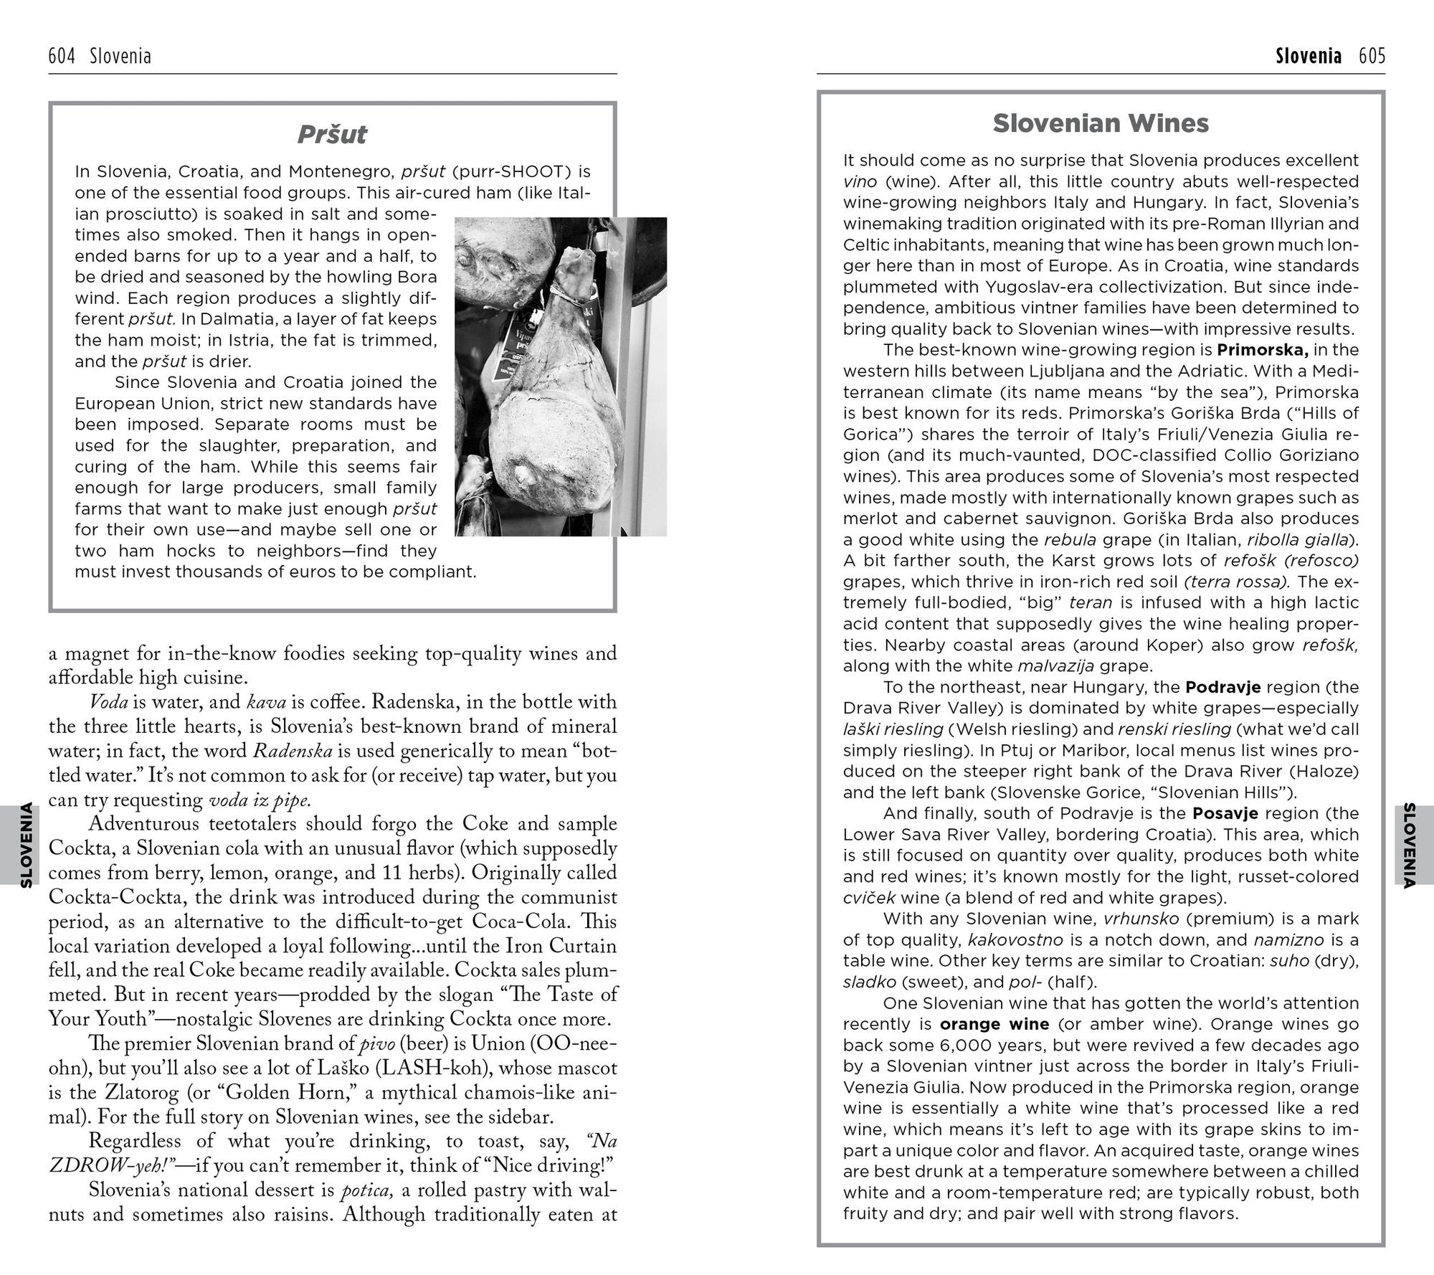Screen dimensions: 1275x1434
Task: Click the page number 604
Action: tap(62, 56)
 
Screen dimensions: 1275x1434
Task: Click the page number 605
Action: tap(1372, 56)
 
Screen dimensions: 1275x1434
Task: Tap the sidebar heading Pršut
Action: tap(332, 134)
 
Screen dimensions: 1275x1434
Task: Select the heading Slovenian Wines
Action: tap(1101, 123)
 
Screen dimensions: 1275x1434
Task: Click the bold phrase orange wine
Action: tap(994, 1024)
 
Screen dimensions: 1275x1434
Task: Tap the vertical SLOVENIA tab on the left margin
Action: tap(26, 845)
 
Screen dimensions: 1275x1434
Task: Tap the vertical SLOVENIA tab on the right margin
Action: tap(1408, 845)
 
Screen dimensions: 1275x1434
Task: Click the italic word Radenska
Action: tap(293, 751)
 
